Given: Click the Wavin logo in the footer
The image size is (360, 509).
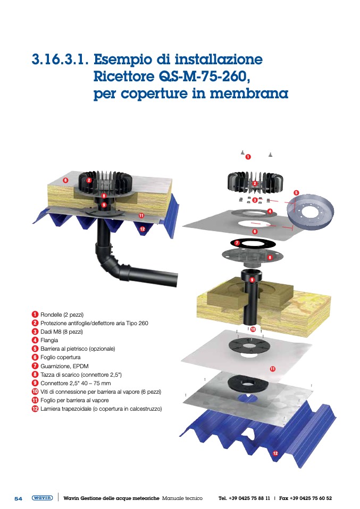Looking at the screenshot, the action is (x=42, y=498).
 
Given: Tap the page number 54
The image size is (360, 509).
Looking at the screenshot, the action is (x=18, y=498).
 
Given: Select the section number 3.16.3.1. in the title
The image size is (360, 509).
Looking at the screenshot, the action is (x=60, y=59).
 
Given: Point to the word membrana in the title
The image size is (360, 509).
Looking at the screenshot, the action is (x=249, y=94).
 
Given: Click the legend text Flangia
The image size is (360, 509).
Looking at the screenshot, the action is (x=49, y=340).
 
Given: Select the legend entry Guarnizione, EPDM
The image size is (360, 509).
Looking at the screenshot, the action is (x=64, y=366).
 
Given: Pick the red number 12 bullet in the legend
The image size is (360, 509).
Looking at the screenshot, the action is (x=35, y=409).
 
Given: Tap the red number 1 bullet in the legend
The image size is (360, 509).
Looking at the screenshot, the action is (x=35, y=315).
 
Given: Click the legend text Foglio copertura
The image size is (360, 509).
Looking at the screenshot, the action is (x=61, y=358).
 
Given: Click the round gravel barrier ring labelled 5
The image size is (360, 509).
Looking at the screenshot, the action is (x=311, y=211).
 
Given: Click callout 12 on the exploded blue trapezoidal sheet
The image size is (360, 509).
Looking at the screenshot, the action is (x=275, y=453).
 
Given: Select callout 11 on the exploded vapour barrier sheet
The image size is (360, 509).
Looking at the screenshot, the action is (x=273, y=369).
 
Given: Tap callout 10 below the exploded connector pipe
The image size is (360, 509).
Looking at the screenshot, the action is (x=253, y=329).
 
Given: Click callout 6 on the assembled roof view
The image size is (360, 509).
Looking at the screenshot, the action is (x=65, y=180).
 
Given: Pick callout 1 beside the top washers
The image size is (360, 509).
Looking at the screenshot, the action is (x=248, y=157).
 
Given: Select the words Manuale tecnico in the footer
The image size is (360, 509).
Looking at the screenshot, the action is (x=182, y=498).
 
